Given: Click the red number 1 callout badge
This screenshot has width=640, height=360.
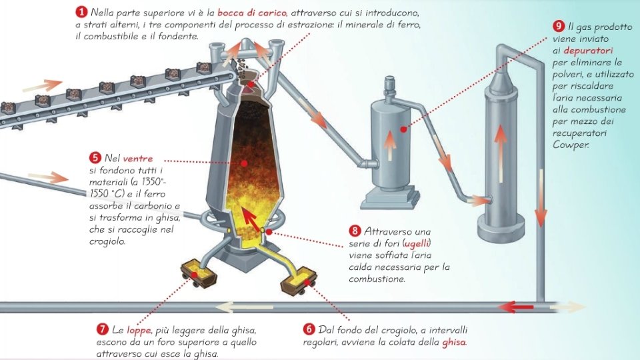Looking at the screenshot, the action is (81, 12).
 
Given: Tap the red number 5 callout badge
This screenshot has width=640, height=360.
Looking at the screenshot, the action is (95, 158).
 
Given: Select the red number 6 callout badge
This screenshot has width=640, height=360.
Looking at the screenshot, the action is (309, 329).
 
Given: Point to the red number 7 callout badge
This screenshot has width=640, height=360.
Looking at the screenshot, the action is (103, 329).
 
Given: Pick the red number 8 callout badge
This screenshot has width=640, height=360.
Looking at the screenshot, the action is (355, 231).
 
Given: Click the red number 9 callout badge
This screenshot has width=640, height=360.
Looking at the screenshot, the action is (559, 27).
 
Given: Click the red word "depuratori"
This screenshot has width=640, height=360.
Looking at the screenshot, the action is (588, 51).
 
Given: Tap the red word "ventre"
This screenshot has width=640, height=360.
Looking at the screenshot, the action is (137, 159).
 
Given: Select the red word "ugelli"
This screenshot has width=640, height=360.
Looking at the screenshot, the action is (417, 244).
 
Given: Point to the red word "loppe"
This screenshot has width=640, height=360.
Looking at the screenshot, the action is (139, 331).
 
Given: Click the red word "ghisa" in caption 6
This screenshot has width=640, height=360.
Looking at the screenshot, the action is (453, 342).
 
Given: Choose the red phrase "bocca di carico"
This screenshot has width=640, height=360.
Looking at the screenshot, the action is (251, 13).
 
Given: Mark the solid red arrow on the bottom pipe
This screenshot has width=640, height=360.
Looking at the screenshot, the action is (516, 307).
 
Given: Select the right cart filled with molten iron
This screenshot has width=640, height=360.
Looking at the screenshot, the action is (299, 281).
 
